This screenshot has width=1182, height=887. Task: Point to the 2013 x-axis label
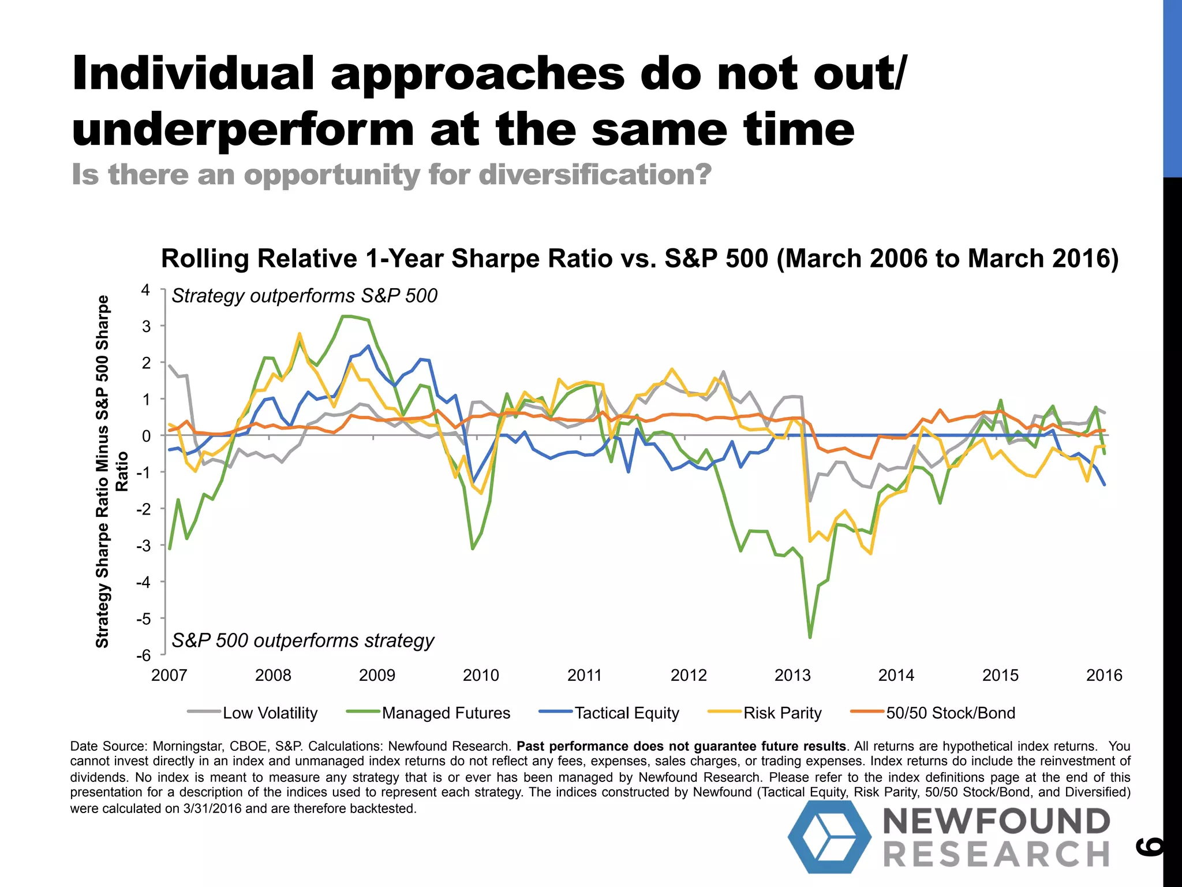[x=792, y=675]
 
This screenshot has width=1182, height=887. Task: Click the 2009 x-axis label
[x=377, y=675]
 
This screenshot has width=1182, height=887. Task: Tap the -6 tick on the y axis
[x=143, y=655]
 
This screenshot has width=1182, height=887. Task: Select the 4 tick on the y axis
[x=145, y=290]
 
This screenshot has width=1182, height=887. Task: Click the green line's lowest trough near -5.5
[x=810, y=637]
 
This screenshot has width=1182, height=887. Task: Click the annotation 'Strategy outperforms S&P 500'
[x=304, y=296]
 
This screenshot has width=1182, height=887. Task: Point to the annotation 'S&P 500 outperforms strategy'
[x=303, y=640]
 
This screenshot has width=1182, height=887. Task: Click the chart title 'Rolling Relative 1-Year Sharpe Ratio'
[x=639, y=258]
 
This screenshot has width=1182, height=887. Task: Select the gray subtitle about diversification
[x=391, y=174]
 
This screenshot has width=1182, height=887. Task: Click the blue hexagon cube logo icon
[x=829, y=837]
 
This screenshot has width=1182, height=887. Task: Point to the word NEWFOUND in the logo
[x=997, y=821]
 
